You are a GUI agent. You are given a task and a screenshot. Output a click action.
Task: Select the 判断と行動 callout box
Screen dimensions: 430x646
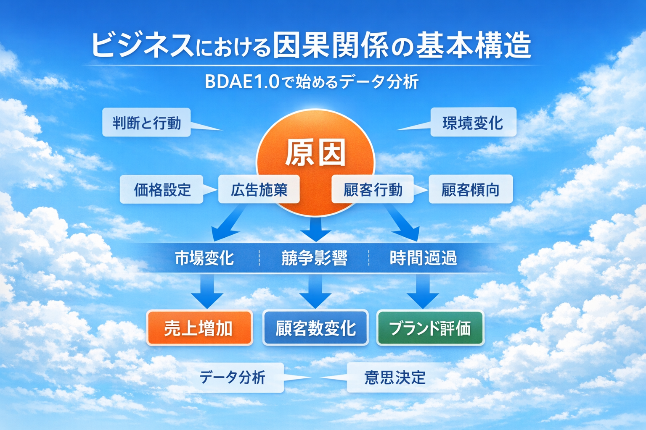point(146,123)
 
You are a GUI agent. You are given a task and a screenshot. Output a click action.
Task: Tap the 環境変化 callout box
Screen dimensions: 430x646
point(473,123)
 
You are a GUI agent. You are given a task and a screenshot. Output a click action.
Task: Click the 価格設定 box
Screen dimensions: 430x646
point(162,190)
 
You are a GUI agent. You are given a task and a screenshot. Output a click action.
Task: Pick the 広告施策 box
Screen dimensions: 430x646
point(259,190)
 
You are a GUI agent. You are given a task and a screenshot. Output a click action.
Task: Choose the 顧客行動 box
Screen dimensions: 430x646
point(373,190)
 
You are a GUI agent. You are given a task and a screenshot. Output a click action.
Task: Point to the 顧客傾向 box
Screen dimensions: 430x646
point(470,190)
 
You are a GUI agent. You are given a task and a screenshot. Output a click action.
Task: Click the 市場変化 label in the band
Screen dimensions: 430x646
point(204,258)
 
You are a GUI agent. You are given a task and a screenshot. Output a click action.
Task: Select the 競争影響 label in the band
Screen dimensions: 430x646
point(314,258)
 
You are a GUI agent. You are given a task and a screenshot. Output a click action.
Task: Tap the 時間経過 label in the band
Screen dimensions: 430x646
point(423,258)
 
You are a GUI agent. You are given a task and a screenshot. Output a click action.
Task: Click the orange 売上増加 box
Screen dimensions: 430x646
point(199,328)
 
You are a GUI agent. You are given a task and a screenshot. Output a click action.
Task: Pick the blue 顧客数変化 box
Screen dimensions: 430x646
point(315,328)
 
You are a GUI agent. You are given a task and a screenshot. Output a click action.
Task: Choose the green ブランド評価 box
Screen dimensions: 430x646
point(430,328)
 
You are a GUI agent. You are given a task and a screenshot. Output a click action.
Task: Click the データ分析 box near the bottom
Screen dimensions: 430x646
point(233,378)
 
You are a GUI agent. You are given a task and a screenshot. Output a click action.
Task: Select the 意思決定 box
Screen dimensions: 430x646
point(394,378)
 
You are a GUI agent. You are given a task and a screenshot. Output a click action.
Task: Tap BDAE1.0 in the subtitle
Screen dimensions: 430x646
point(242,81)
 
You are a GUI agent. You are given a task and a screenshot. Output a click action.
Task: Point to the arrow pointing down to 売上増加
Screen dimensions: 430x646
point(207,292)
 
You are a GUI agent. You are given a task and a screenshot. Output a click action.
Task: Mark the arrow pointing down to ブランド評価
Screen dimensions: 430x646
point(423,292)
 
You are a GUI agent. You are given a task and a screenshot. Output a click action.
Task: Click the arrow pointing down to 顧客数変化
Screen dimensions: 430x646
point(315,292)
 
